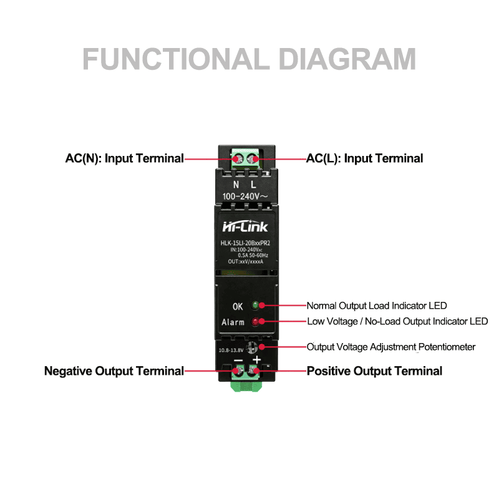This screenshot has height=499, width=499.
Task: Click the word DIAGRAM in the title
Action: tap(347, 59)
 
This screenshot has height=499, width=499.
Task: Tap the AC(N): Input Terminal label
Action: tap(124, 158)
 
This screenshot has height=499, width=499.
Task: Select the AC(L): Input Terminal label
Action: tap(364, 158)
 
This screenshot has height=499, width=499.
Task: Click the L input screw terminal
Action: tap(253, 159)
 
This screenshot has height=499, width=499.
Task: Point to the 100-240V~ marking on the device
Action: tap(245, 196)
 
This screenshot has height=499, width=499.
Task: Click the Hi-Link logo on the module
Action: tap(245, 226)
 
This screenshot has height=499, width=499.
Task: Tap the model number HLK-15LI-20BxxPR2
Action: tap(245, 243)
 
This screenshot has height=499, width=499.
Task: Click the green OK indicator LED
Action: tap(255, 306)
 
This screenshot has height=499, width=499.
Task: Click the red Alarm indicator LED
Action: tap(255, 321)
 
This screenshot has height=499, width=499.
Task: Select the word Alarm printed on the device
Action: tap(233, 322)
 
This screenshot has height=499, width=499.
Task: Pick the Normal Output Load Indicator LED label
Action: tap(377, 306)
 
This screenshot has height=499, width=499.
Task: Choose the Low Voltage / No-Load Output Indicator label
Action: tap(397, 321)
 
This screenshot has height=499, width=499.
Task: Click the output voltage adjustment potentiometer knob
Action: tap(252, 347)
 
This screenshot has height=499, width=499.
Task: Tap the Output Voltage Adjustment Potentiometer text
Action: tap(391, 347)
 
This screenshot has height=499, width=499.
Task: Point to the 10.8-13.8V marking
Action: tap(231, 350)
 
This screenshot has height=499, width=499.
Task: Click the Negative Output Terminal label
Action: tap(114, 371)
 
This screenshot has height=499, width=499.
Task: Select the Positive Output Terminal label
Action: tap(374, 371)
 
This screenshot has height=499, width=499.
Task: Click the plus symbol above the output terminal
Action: tap(256, 360)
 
